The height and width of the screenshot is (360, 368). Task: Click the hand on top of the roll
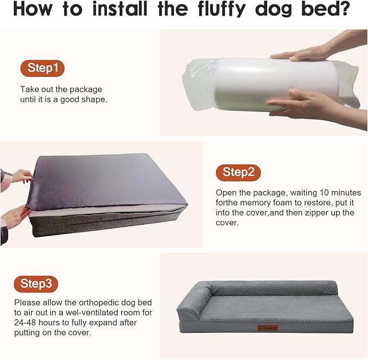point(304,53)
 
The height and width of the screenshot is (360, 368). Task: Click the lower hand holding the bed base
point(14,217)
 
